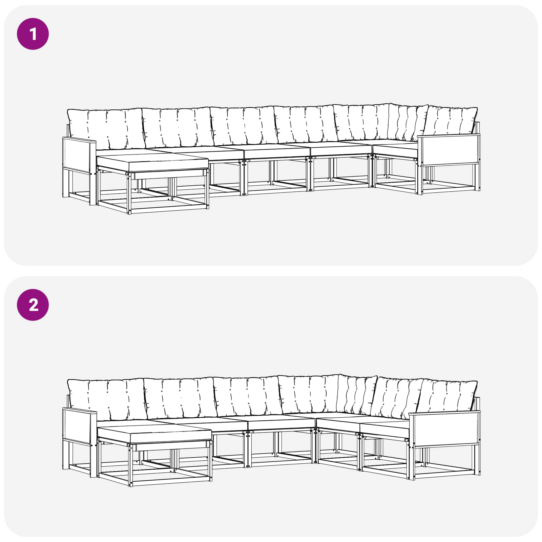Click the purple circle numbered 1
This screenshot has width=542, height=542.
33,34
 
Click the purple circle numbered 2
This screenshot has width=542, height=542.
33,305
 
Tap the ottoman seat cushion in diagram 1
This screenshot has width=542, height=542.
152,164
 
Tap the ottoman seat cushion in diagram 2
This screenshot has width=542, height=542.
154,435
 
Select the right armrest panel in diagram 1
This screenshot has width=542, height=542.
449,149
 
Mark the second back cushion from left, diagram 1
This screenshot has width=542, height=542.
178,128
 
